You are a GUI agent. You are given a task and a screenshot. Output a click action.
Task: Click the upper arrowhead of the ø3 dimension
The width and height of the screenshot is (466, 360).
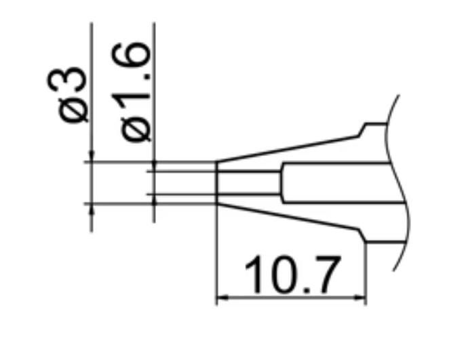click(91, 157)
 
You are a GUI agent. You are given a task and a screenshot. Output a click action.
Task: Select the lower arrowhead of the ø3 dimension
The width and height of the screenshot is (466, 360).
click(91, 208)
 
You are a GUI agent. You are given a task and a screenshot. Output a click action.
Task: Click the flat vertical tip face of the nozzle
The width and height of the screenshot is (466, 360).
click(216, 182)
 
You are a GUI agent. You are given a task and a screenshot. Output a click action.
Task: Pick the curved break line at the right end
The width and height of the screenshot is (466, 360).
click(406, 183)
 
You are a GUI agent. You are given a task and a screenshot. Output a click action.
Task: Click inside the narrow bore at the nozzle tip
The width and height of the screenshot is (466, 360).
click(248, 182)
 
